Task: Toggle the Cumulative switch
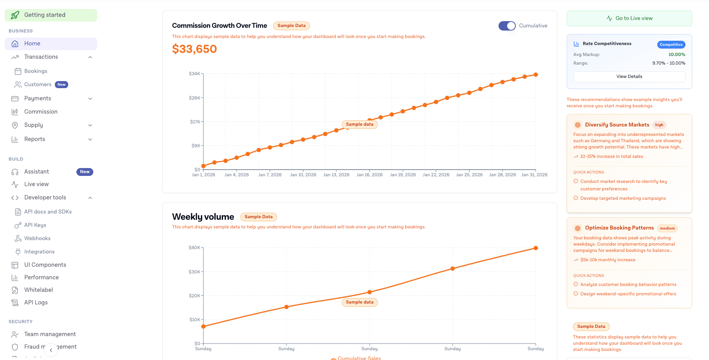tap(507, 26)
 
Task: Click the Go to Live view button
tap(629, 18)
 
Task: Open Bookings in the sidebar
tap(36, 71)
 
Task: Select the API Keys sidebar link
tap(35, 225)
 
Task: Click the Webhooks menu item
tap(37, 239)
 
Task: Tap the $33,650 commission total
tap(194, 49)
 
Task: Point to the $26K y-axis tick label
tap(194, 98)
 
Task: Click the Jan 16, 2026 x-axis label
tap(369, 175)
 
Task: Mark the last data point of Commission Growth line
tap(536, 75)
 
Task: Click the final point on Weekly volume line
tap(536, 248)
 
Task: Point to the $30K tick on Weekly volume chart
tap(194, 272)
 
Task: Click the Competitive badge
tap(671, 45)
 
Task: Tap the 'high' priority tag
tap(659, 125)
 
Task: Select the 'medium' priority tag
tap(667, 228)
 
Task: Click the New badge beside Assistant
tap(85, 172)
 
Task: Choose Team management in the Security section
tap(50, 335)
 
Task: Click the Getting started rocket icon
tap(15, 15)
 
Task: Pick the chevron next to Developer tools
tap(90, 198)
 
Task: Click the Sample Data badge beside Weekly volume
tap(258, 217)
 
